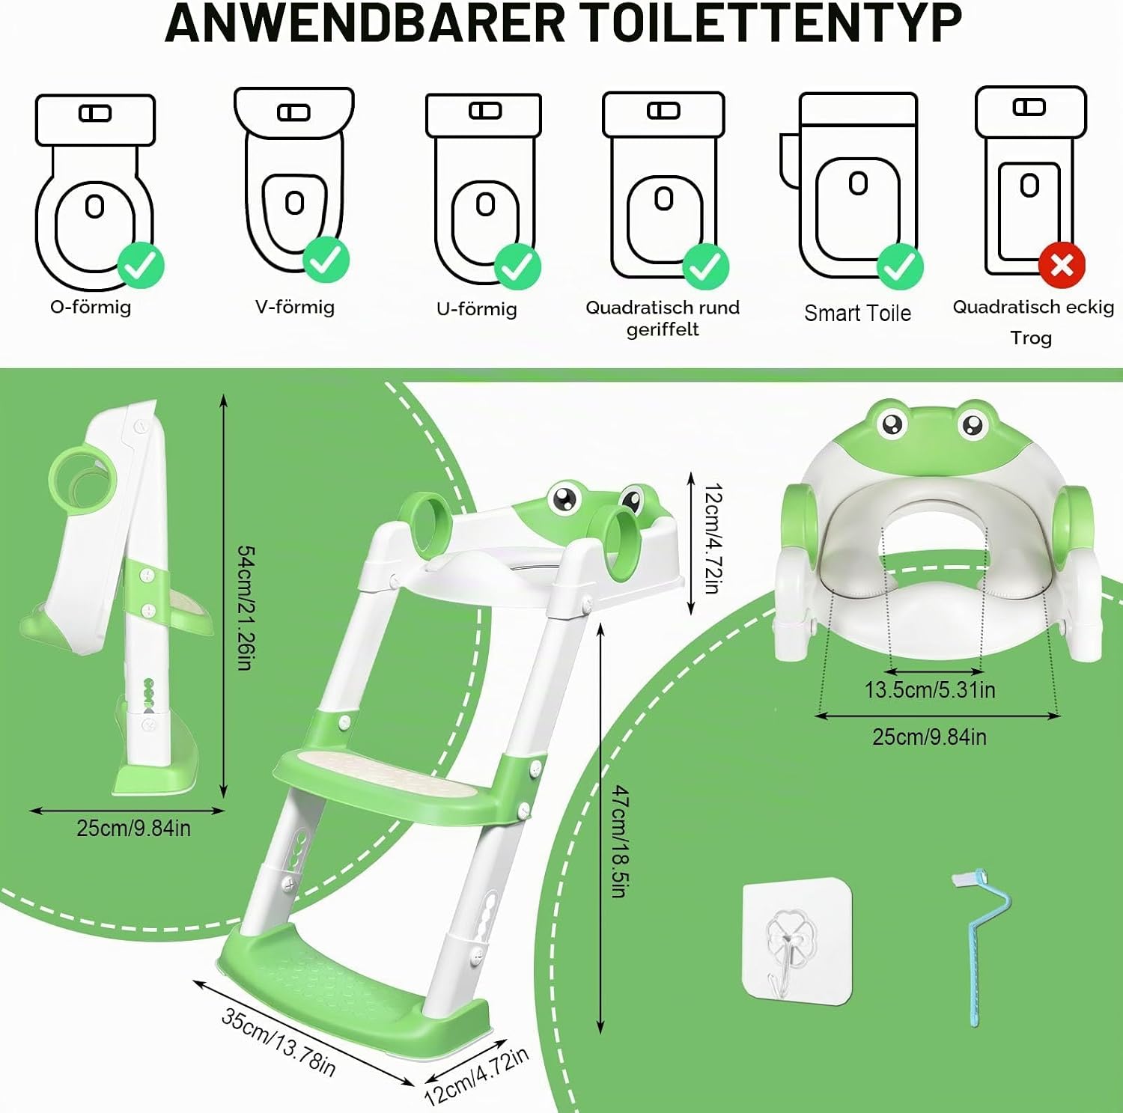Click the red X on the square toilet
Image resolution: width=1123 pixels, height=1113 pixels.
[x=1062, y=265]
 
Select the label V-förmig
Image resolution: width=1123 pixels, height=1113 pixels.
[x=295, y=307]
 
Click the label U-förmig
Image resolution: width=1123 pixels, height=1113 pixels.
[x=477, y=309]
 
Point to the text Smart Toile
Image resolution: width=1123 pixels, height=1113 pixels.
[x=858, y=313]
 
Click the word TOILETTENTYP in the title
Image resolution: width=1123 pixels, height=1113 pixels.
[x=764, y=24]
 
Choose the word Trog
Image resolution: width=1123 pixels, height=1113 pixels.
[x=1031, y=338]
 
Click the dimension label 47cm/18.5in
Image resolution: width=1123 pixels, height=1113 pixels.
[x=620, y=841]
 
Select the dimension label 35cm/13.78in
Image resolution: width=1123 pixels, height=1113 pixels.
[x=279, y=1041]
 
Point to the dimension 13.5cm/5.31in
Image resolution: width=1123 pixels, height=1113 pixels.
[x=930, y=689]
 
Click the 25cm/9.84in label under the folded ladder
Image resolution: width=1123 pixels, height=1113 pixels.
[x=133, y=829]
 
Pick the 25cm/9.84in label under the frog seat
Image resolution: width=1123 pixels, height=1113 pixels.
[x=929, y=737]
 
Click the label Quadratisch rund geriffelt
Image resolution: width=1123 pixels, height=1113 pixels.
[x=663, y=318]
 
